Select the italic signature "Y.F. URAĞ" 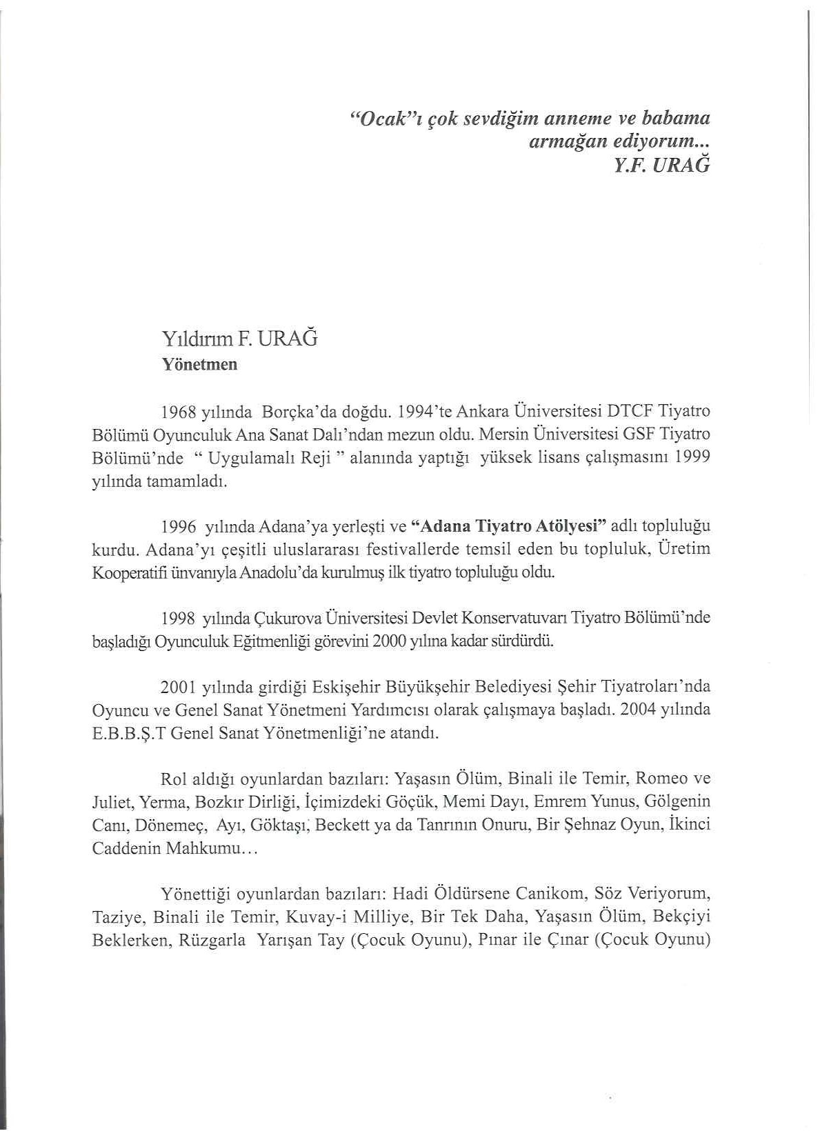[663, 166]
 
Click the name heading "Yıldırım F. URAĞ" [239, 339]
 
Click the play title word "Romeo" [660, 779]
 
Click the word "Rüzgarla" [212, 940]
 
